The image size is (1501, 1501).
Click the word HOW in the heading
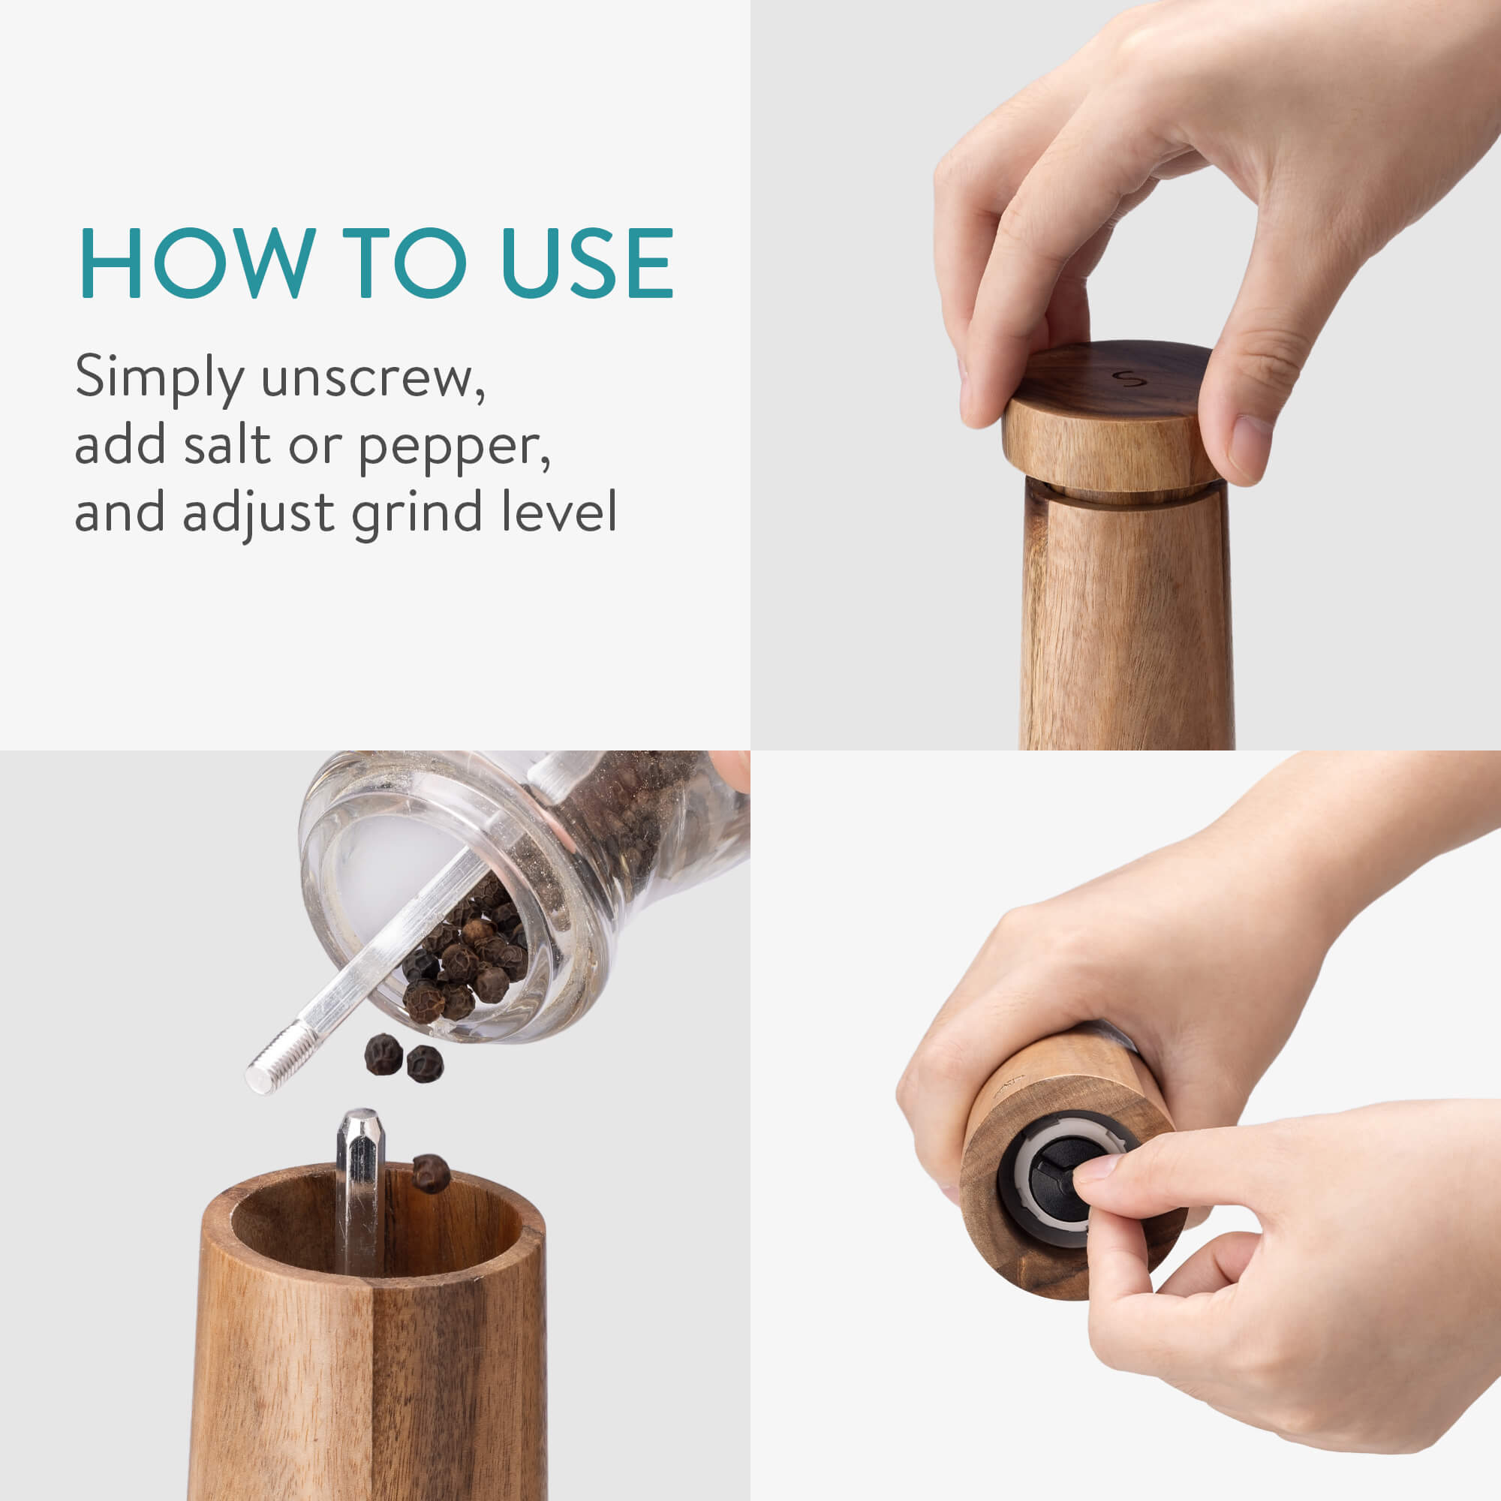[x=197, y=263]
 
